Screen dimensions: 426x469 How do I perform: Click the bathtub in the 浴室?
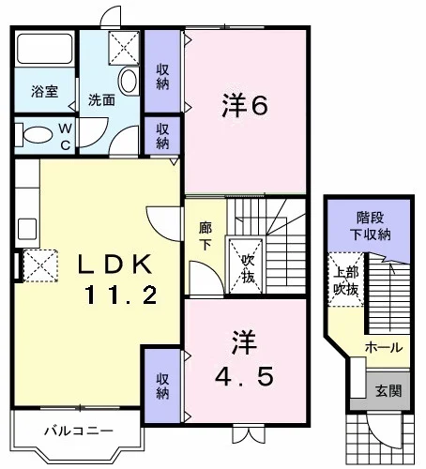coord(44,49)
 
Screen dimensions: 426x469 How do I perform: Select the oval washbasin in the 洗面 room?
coord(128,82)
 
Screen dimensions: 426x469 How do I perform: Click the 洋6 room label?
coord(245,106)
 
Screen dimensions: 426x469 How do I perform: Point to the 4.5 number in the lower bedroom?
coord(244,376)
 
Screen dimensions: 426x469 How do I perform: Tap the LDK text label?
coord(114,264)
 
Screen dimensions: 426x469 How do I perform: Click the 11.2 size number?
coord(121,295)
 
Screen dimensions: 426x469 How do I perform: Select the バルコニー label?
coord(79,431)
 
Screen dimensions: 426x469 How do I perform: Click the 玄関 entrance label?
coord(388,390)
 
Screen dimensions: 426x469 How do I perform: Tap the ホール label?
coord(384,347)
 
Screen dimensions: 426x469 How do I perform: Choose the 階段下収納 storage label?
coord(371,226)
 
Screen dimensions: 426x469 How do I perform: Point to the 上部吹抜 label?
coord(345,280)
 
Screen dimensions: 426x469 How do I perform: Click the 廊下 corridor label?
coord(205,235)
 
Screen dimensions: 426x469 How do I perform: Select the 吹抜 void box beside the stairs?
coord(246,265)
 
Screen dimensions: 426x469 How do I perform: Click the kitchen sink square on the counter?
coord(27,229)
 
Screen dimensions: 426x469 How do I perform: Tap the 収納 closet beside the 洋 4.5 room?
coord(162,386)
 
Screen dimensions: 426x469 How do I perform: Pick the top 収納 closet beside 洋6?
coord(162,71)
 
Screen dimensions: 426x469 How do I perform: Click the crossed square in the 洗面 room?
coord(124,48)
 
